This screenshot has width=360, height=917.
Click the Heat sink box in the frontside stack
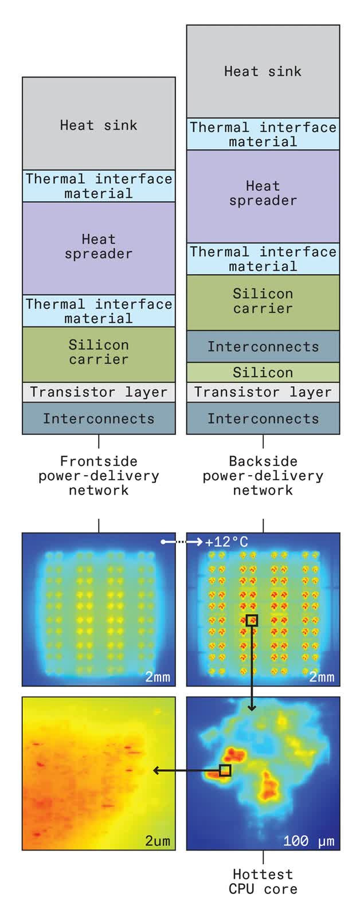pyautogui.click(x=99, y=124)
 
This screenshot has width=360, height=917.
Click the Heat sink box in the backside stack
pyautogui.click(x=263, y=72)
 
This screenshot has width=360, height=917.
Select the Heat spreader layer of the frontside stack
pyautogui.click(x=99, y=247)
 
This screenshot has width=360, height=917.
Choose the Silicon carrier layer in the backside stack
pyautogui.click(x=263, y=301)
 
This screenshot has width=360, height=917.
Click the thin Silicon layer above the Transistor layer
pyautogui.click(x=263, y=373)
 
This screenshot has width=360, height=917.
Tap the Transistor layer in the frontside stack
pyautogui.click(x=99, y=393)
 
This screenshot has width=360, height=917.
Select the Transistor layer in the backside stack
pyautogui.click(x=263, y=393)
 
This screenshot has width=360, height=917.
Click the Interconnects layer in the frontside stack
pyautogui.click(x=99, y=418)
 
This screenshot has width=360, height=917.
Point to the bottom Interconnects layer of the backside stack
pyautogui.click(x=263, y=418)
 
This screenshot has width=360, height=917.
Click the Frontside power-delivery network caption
pyautogui.click(x=99, y=476)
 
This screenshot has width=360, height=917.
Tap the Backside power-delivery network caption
pyautogui.click(x=263, y=476)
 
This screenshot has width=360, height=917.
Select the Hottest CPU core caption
pyautogui.click(x=263, y=882)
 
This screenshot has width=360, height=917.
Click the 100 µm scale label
pyautogui.click(x=308, y=841)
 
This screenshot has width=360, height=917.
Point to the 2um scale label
pyautogui.click(x=157, y=841)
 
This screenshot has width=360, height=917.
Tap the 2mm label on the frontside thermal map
pyautogui.click(x=157, y=677)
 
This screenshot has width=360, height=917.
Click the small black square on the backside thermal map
pyautogui.click(x=252, y=621)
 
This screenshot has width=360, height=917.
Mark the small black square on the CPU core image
pyautogui.click(x=225, y=771)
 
